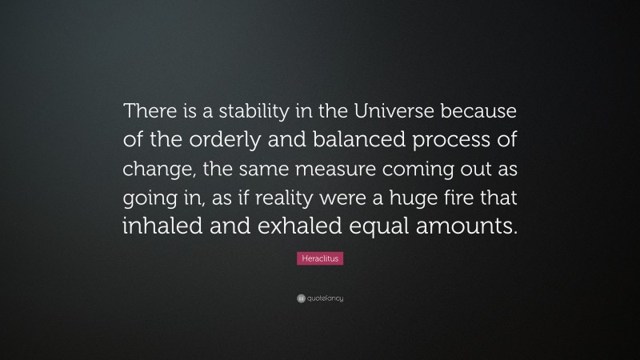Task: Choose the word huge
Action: coord(415,197)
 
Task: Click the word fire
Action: coord(466,197)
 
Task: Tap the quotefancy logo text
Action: coord(324,298)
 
